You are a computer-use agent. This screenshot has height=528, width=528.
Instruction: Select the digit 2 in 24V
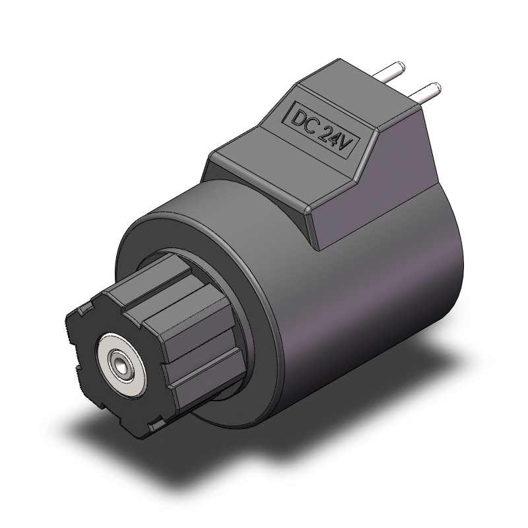(x=325, y=131)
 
